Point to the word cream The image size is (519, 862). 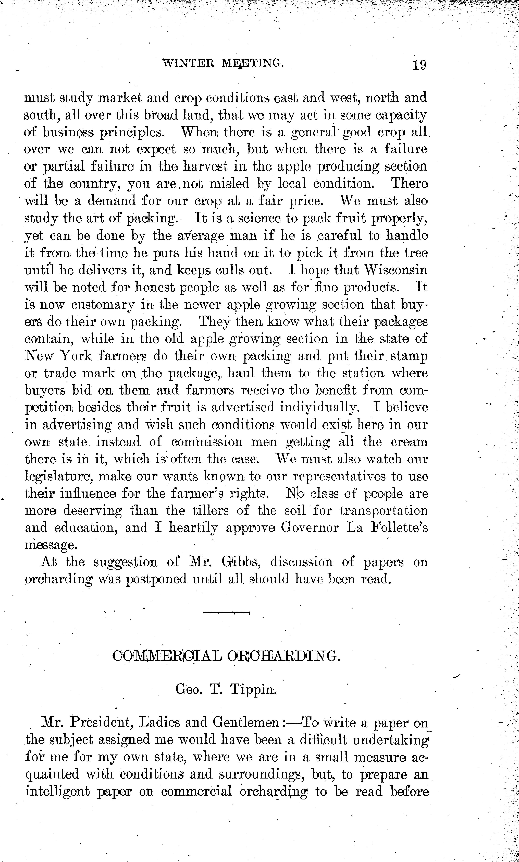pos(409,442)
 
